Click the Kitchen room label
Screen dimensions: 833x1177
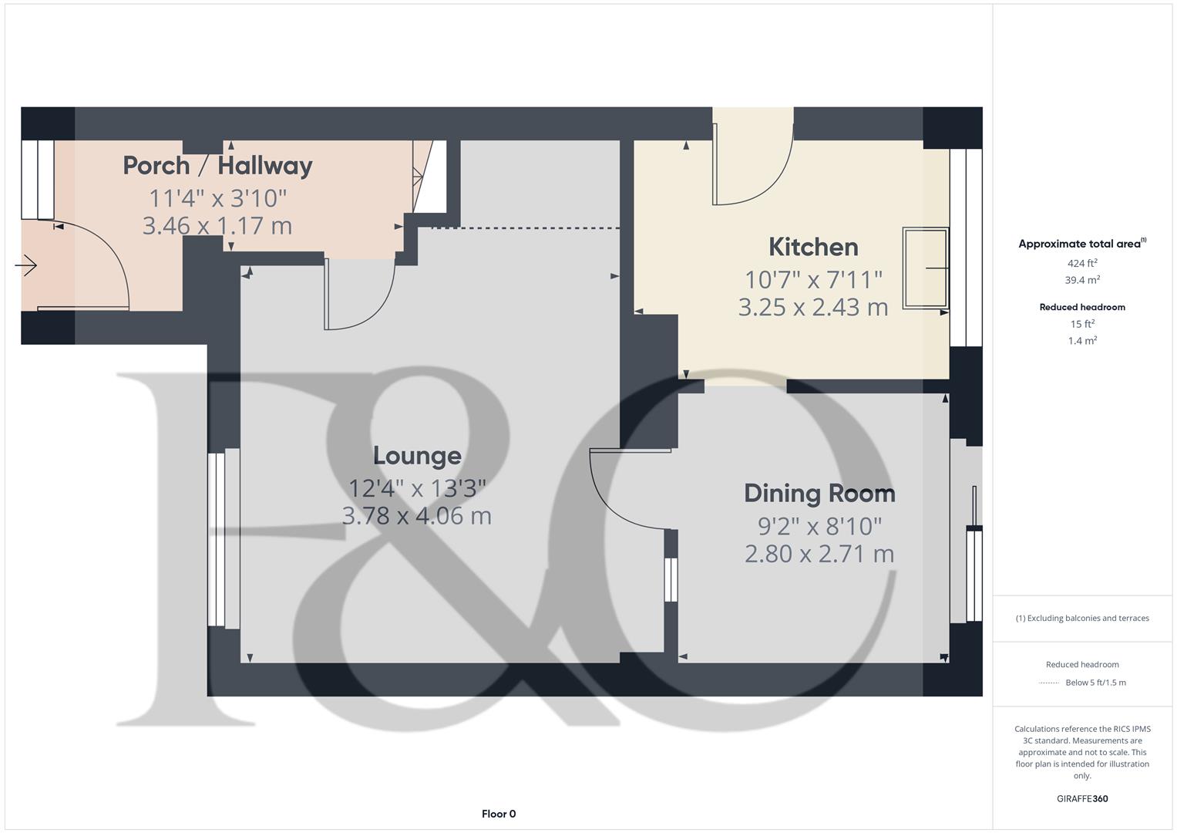[813, 247]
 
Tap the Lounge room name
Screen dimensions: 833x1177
[417, 455]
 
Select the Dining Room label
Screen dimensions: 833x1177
[819, 493]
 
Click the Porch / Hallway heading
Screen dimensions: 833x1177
[217, 165]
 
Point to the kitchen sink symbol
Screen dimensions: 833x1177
[925, 268]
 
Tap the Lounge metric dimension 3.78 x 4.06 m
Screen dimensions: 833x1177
[416, 516]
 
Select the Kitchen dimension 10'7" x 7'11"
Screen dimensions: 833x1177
[813, 278]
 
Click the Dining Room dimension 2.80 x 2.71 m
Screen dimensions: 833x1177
[819, 554]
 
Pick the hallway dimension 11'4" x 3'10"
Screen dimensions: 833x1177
[217, 198]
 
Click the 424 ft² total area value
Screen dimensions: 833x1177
[1082, 263]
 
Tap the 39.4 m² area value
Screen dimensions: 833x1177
[1082, 280]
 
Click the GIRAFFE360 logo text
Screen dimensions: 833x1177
[1082, 798]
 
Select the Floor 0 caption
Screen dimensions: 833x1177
[499, 814]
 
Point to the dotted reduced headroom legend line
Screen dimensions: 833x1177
[1049, 683]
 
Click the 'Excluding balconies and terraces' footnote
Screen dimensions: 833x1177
[1082, 618]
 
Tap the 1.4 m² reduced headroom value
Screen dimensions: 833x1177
[1082, 340]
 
